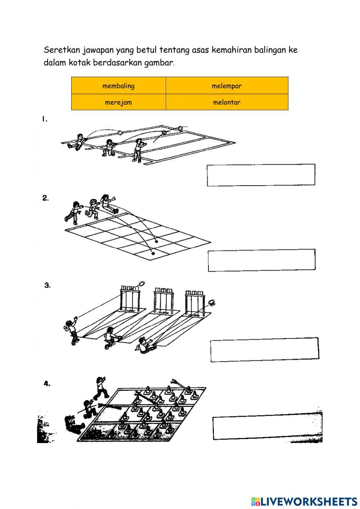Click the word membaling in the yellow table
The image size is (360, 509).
click(x=118, y=86)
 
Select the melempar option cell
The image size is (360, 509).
click(x=227, y=85)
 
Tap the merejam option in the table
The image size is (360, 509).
click(x=118, y=102)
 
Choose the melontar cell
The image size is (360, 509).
click(x=227, y=102)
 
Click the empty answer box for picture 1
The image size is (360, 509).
click(x=261, y=175)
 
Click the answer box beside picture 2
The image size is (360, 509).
click(x=262, y=260)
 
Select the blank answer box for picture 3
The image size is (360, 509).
click(x=265, y=350)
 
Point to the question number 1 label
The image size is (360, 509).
click(x=45, y=119)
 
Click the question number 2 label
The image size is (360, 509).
click(x=45, y=198)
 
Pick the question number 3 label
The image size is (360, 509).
click(x=48, y=285)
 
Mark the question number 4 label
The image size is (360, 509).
click(x=47, y=384)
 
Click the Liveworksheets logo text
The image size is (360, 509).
click(x=304, y=501)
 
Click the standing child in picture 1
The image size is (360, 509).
click(x=138, y=151)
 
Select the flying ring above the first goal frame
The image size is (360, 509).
click(x=141, y=284)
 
